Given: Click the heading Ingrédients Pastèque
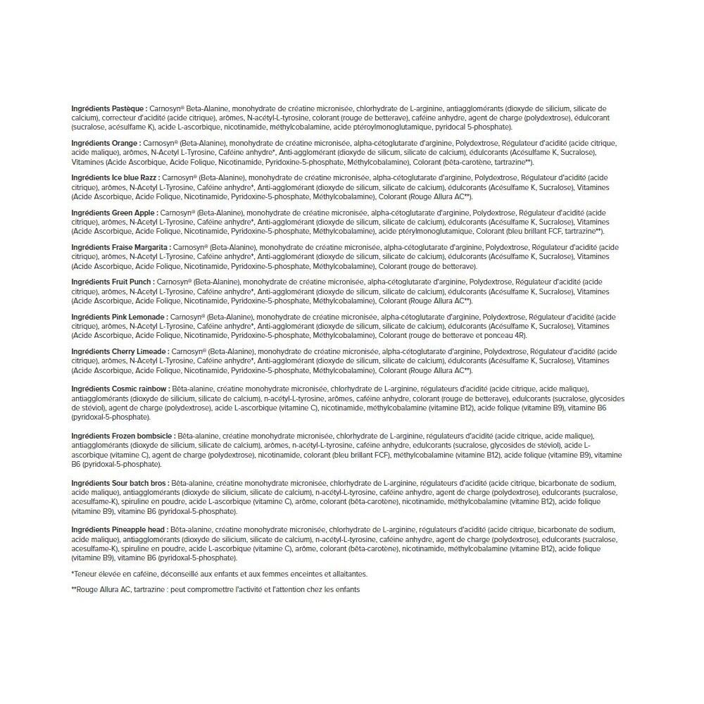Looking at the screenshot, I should click(x=109, y=108).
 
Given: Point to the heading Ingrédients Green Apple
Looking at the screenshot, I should click(x=114, y=212).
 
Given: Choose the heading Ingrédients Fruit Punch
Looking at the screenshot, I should click(x=113, y=282).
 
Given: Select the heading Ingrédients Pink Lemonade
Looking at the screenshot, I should click(x=119, y=317).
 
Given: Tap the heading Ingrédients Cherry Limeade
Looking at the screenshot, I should click(x=119, y=351).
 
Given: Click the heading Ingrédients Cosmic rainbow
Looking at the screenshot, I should click(x=120, y=389).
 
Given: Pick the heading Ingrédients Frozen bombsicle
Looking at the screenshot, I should click(x=123, y=436).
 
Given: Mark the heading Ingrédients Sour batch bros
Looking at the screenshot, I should click(x=120, y=484).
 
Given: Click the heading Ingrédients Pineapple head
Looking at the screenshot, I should click(x=119, y=529).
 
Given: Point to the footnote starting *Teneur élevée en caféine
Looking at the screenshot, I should click(x=219, y=574).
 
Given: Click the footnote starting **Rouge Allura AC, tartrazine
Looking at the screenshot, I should click(x=215, y=589).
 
